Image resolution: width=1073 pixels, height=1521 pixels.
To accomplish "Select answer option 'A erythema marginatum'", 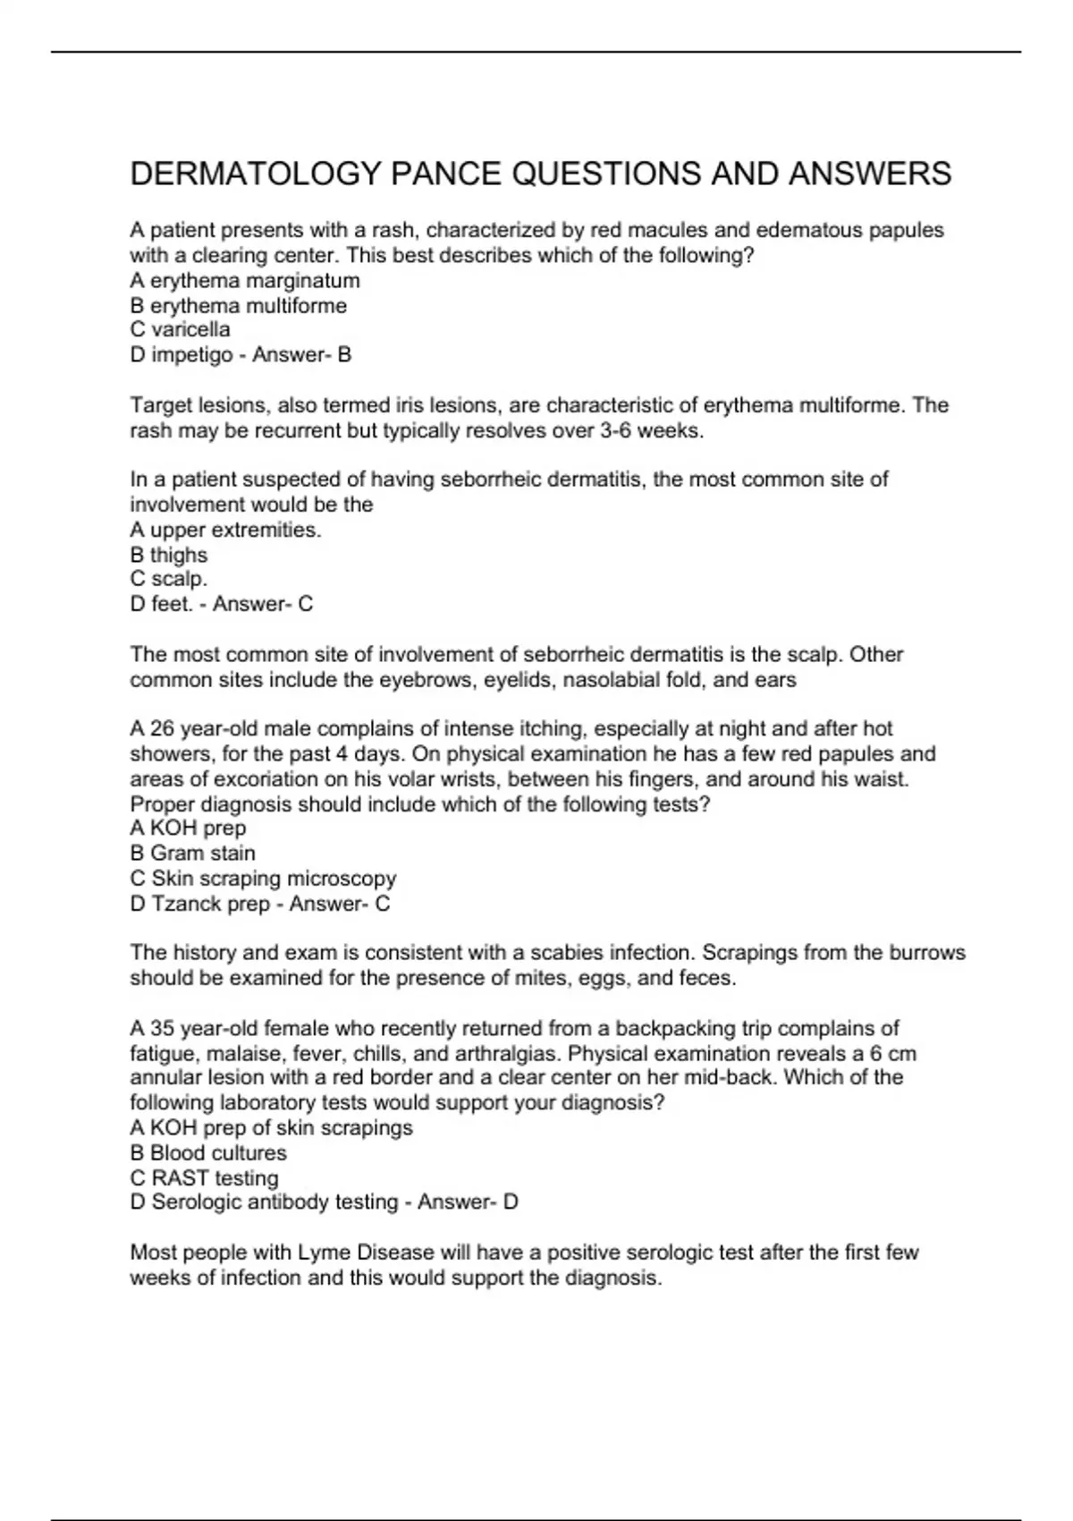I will pyautogui.click(x=245, y=281).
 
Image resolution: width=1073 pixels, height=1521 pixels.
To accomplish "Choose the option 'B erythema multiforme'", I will pyautogui.click(x=238, y=306).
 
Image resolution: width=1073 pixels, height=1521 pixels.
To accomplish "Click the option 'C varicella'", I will pyautogui.click(x=180, y=330).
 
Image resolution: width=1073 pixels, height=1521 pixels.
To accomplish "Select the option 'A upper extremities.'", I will pyautogui.click(x=225, y=531).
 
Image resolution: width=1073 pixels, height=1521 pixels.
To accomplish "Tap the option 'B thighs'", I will pyautogui.click(x=168, y=556).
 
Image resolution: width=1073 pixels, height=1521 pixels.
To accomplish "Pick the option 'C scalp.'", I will pyautogui.click(x=168, y=580).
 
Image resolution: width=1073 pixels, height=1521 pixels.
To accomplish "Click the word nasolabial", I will pyautogui.click(x=611, y=680).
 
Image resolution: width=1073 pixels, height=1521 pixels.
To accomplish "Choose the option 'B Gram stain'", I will pyautogui.click(x=192, y=854).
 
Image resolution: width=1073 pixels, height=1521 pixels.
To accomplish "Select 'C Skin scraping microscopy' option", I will pyautogui.click(x=263, y=879).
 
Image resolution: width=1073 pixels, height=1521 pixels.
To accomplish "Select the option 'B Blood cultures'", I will pyautogui.click(x=208, y=1153).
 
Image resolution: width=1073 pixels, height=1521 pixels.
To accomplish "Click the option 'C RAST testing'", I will pyautogui.click(x=204, y=1178).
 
